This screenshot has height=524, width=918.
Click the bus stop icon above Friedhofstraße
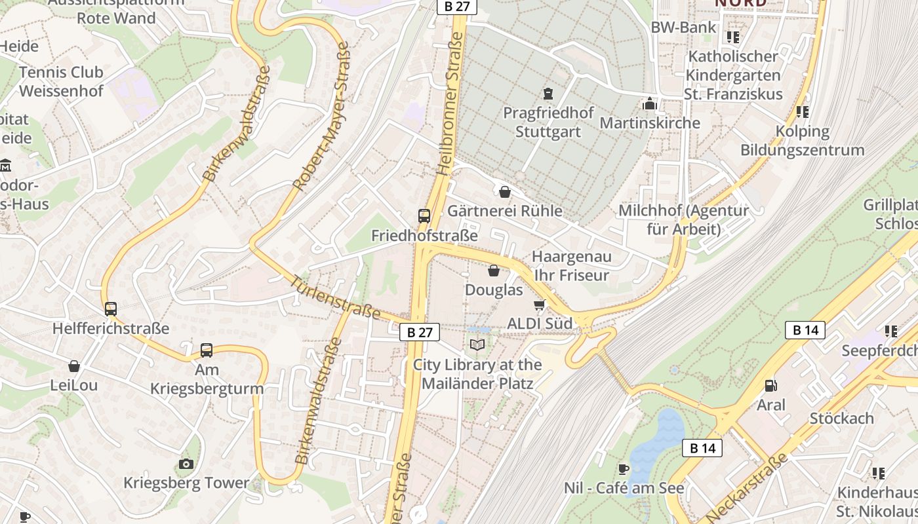point(424,215)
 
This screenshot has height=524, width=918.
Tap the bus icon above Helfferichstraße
point(111,309)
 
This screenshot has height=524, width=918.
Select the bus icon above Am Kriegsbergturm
point(207,350)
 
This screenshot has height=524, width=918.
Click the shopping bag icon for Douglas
point(494,271)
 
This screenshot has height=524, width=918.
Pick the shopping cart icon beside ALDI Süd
point(540,305)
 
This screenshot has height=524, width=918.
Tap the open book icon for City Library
point(477,345)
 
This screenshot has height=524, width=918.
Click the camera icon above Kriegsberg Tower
point(186,464)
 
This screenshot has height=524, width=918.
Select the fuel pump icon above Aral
point(771,386)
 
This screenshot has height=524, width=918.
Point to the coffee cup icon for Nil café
point(624,469)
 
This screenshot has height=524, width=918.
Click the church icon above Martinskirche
point(650,103)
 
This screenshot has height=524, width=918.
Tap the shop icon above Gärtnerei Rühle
point(505,192)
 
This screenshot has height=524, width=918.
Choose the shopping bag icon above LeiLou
point(74,366)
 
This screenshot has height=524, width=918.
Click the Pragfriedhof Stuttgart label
point(548,122)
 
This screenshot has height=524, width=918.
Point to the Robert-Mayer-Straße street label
point(322,117)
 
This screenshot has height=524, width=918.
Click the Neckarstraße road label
point(747,487)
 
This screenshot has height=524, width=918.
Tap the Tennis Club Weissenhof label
point(61,81)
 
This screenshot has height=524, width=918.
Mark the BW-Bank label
point(683,28)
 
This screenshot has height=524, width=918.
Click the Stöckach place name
point(841,418)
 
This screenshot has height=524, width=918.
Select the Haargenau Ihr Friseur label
point(571,265)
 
